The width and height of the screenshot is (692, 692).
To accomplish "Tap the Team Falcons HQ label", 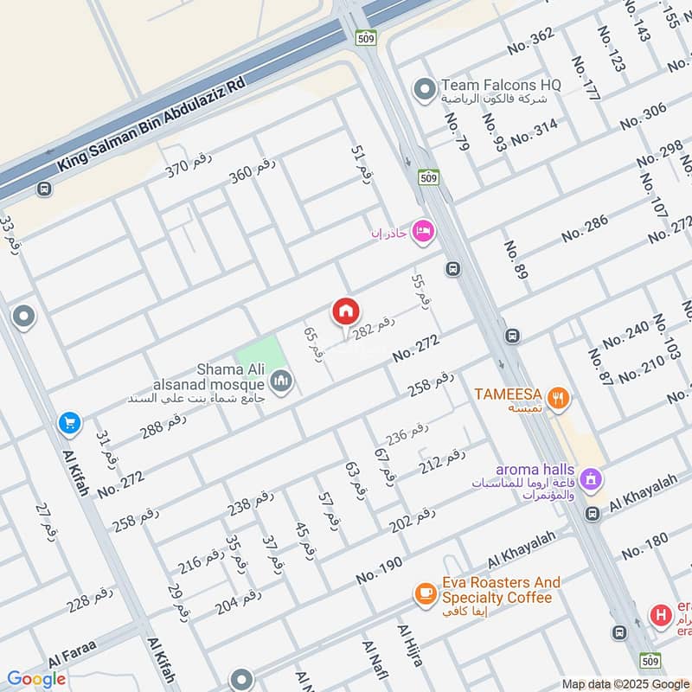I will pyautogui.click(x=501, y=85).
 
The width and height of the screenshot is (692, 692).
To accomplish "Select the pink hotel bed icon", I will pyautogui.click(x=425, y=230).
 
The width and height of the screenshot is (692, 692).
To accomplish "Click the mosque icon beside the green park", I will pyautogui.click(x=280, y=380).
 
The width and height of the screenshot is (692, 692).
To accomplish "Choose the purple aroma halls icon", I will pyautogui.click(x=591, y=477).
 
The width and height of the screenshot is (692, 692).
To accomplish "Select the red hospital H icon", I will pyautogui.click(x=662, y=616).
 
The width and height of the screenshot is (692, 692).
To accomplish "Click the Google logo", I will pyautogui.click(x=36, y=679).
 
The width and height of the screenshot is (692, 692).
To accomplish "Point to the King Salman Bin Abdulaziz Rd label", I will pyautogui.click(x=151, y=122).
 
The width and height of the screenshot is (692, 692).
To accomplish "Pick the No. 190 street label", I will pyautogui.click(x=379, y=570).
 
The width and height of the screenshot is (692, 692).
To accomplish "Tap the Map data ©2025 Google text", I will pyautogui.click(x=625, y=683).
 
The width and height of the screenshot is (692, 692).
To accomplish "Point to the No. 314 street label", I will pyautogui.click(x=534, y=131).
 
